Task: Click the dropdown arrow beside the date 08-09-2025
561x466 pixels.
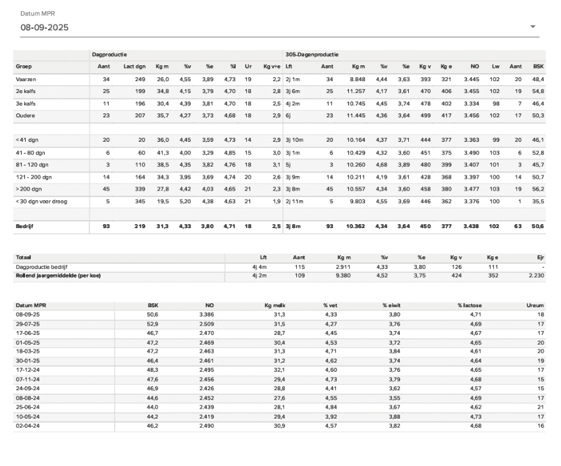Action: coord(533,27)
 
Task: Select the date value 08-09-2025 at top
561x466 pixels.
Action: coord(45,28)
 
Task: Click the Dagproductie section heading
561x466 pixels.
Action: coord(109,55)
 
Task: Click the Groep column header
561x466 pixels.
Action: coord(24,67)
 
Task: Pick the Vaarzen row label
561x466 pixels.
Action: coord(26,79)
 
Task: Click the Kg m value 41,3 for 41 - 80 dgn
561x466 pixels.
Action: coord(162,152)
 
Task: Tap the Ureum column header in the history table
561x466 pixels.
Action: coord(535,306)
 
